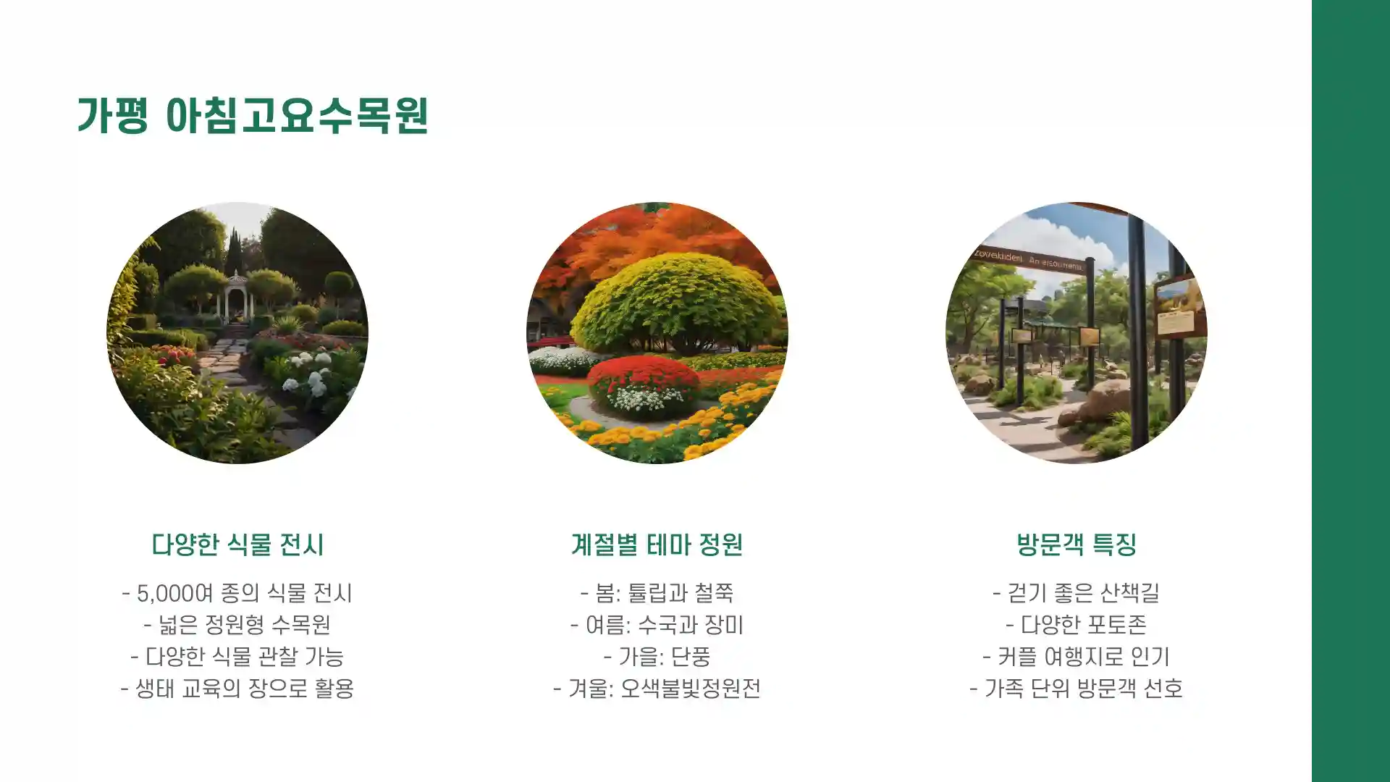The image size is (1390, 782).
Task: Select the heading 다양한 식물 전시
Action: click(x=237, y=545)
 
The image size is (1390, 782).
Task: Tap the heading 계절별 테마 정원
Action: click(x=657, y=545)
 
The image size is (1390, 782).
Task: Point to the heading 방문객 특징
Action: click(x=1076, y=545)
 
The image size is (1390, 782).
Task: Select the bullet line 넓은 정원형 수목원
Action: click(x=237, y=625)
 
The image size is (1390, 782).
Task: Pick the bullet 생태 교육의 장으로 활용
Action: click(x=237, y=688)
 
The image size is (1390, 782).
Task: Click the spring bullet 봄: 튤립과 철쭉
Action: click(x=657, y=594)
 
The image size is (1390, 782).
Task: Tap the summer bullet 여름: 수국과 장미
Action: click(x=657, y=625)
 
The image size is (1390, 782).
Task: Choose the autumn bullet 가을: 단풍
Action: click(x=657, y=657)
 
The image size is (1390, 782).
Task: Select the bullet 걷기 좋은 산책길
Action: click(x=1076, y=594)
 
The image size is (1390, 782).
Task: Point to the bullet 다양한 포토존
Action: click(x=1076, y=625)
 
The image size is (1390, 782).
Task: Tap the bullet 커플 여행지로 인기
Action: click(x=1076, y=657)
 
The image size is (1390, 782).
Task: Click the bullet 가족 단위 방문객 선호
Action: click(x=1076, y=688)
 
